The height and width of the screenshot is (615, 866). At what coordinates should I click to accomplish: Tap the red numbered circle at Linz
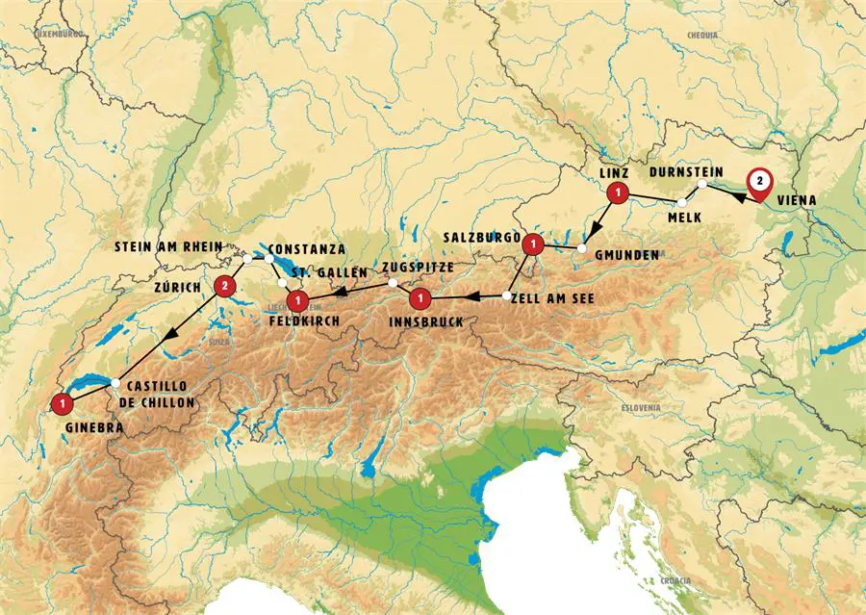coord(616,193)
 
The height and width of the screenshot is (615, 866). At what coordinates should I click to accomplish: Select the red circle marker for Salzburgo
coord(530,246)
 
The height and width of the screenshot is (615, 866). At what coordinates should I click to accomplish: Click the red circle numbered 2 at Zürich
coord(225,285)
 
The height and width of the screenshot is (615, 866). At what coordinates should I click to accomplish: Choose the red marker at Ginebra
coord(63,403)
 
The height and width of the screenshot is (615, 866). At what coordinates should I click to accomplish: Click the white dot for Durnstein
coord(702,184)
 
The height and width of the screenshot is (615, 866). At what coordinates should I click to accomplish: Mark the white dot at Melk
coord(682,202)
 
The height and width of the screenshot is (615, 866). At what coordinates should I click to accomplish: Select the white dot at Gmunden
coord(582,248)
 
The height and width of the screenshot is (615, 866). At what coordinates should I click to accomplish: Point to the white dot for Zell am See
coord(507,295)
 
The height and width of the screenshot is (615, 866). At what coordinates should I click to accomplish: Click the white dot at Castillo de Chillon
coord(115,383)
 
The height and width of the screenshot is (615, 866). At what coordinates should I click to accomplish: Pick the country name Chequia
coord(702,37)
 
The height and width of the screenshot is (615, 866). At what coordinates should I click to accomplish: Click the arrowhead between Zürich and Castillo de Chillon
coord(170,334)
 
